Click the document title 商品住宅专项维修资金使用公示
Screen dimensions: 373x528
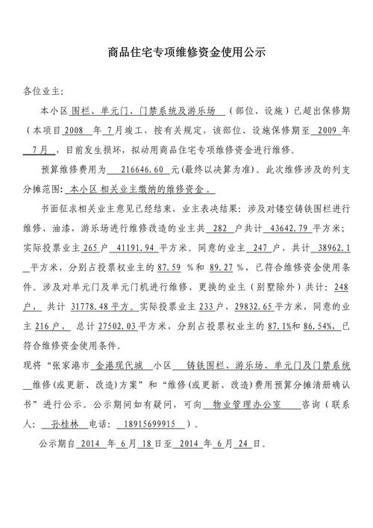click(186, 54)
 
